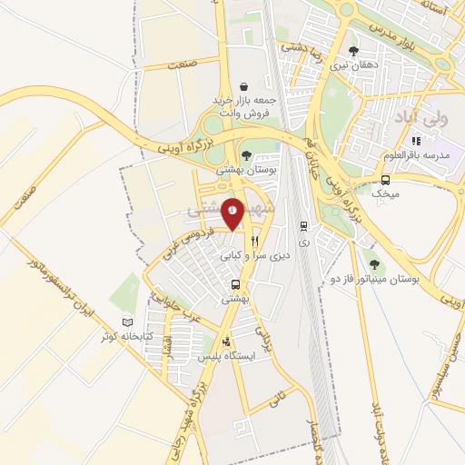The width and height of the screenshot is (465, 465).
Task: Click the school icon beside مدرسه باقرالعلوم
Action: point(417,141)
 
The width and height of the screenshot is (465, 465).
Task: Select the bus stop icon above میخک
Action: point(386,179)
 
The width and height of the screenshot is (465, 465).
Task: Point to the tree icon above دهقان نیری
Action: point(353,51)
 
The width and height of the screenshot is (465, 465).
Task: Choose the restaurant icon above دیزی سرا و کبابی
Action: point(256,242)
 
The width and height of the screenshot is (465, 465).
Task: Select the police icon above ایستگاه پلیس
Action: point(226,342)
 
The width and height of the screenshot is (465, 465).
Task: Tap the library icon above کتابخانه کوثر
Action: point(127,322)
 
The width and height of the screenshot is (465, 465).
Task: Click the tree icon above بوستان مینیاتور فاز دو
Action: point(372,265)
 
